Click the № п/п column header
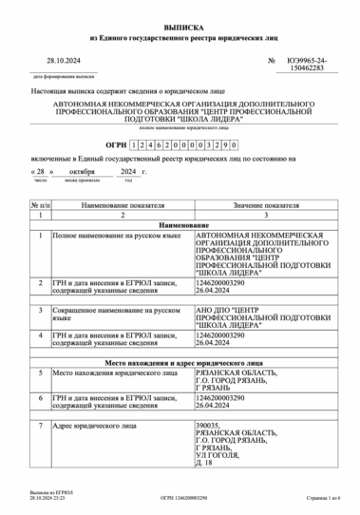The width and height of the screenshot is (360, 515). (40, 205)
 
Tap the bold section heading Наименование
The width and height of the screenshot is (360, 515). (180, 224)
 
